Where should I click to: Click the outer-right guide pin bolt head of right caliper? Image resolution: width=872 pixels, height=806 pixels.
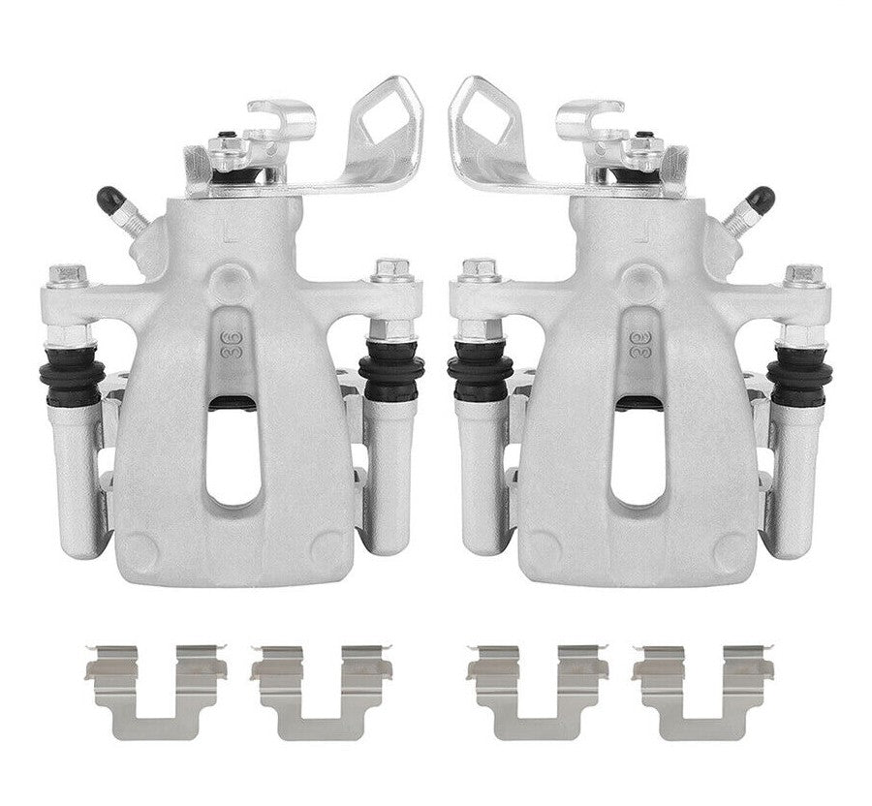click(802, 276)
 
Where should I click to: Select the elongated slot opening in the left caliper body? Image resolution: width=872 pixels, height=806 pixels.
click(234, 450)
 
